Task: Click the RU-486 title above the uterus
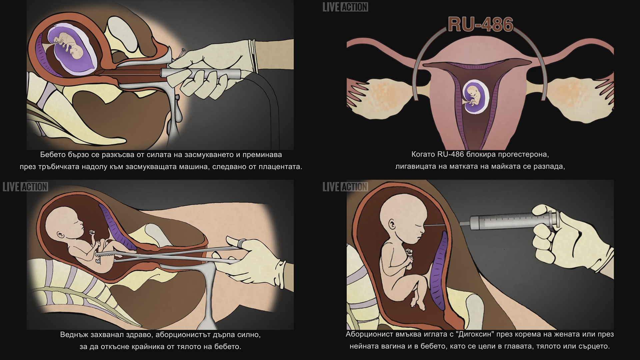[x=480, y=24]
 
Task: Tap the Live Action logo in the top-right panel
[x=345, y=7]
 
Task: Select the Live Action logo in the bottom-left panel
[x=25, y=187]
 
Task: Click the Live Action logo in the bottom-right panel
[x=345, y=187]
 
